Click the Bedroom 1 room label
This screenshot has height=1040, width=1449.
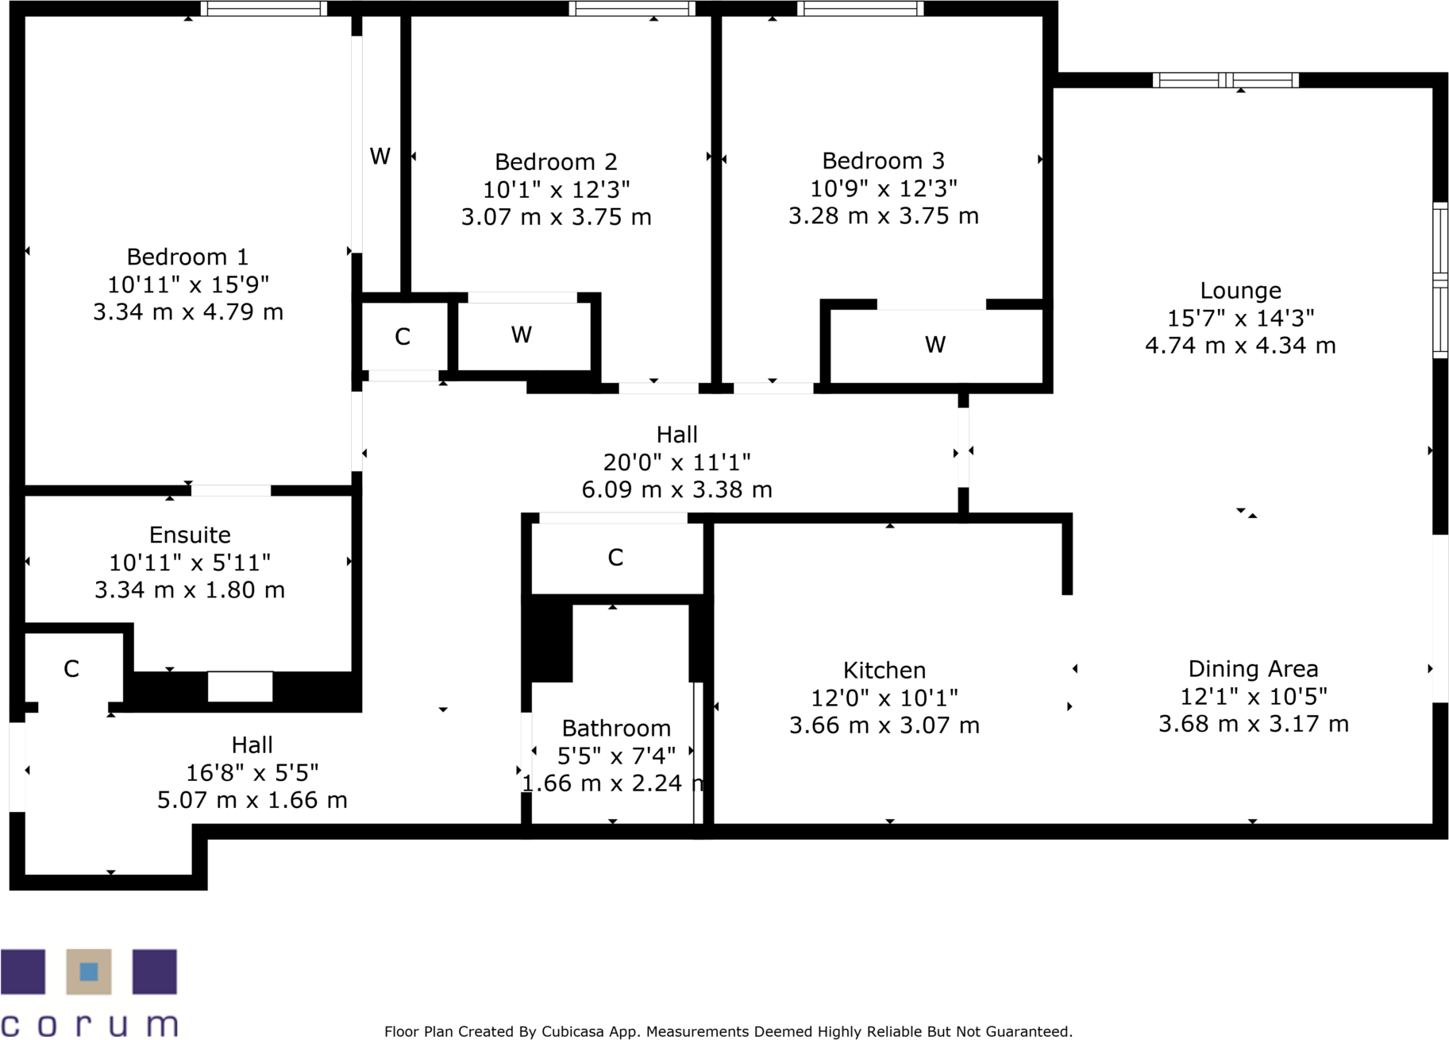click(x=187, y=257)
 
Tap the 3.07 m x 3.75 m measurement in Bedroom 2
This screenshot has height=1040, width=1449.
click(x=556, y=217)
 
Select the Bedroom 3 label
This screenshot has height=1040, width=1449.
click(x=883, y=160)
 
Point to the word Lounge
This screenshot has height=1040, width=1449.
click(x=1240, y=291)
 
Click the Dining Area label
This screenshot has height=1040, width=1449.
click(x=1253, y=669)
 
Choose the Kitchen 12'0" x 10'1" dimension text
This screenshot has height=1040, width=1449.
click(x=884, y=698)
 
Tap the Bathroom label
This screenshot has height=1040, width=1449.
click(x=616, y=728)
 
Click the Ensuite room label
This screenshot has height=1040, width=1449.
click(x=190, y=535)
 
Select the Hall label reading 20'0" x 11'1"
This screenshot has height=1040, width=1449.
click(x=676, y=462)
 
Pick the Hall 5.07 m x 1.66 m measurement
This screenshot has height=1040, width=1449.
click(x=252, y=799)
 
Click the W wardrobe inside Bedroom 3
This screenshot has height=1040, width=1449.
click(x=935, y=345)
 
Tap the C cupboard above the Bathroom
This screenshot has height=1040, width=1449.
click(x=615, y=558)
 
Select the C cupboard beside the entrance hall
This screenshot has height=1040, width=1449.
click(x=71, y=669)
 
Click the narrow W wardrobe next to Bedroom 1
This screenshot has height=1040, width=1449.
click(x=380, y=157)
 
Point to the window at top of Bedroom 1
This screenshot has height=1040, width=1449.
click(x=263, y=9)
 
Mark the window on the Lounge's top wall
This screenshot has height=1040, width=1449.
click(x=1225, y=79)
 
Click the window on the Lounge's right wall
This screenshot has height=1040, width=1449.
click(x=1439, y=279)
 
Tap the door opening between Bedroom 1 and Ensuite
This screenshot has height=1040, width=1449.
click(x=231, y=490)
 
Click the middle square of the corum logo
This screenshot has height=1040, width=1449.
click(x=89, y=971)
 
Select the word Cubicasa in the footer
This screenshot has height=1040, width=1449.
click(x=568, y=1031)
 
